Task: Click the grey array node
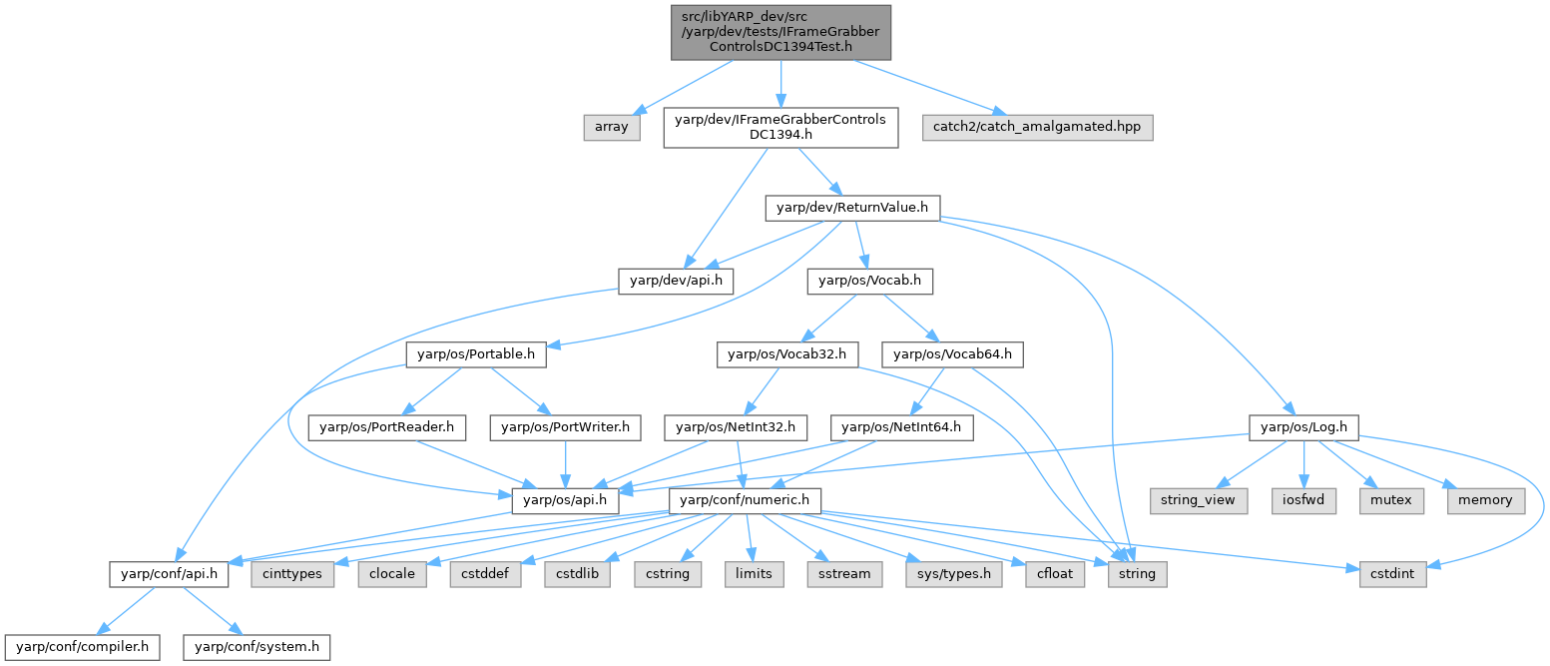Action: click(611, 127)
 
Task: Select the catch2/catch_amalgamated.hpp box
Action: click(1037, 127)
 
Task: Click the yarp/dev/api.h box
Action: click(677, 282)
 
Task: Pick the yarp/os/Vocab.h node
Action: click(869, 282)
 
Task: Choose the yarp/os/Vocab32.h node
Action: click(787, 353)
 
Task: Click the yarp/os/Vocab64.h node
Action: click(952, 353)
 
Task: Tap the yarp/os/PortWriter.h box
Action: click(566, 427)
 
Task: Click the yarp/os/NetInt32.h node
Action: click(737, 427)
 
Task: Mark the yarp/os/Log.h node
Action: click(1303, 427)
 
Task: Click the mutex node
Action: click(1390, 499)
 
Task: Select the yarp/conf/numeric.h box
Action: click(745, 499)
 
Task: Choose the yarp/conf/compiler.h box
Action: click(81, 647)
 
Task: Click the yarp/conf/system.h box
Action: click(256, 647)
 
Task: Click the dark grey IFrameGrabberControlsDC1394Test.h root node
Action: click(780, 31)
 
